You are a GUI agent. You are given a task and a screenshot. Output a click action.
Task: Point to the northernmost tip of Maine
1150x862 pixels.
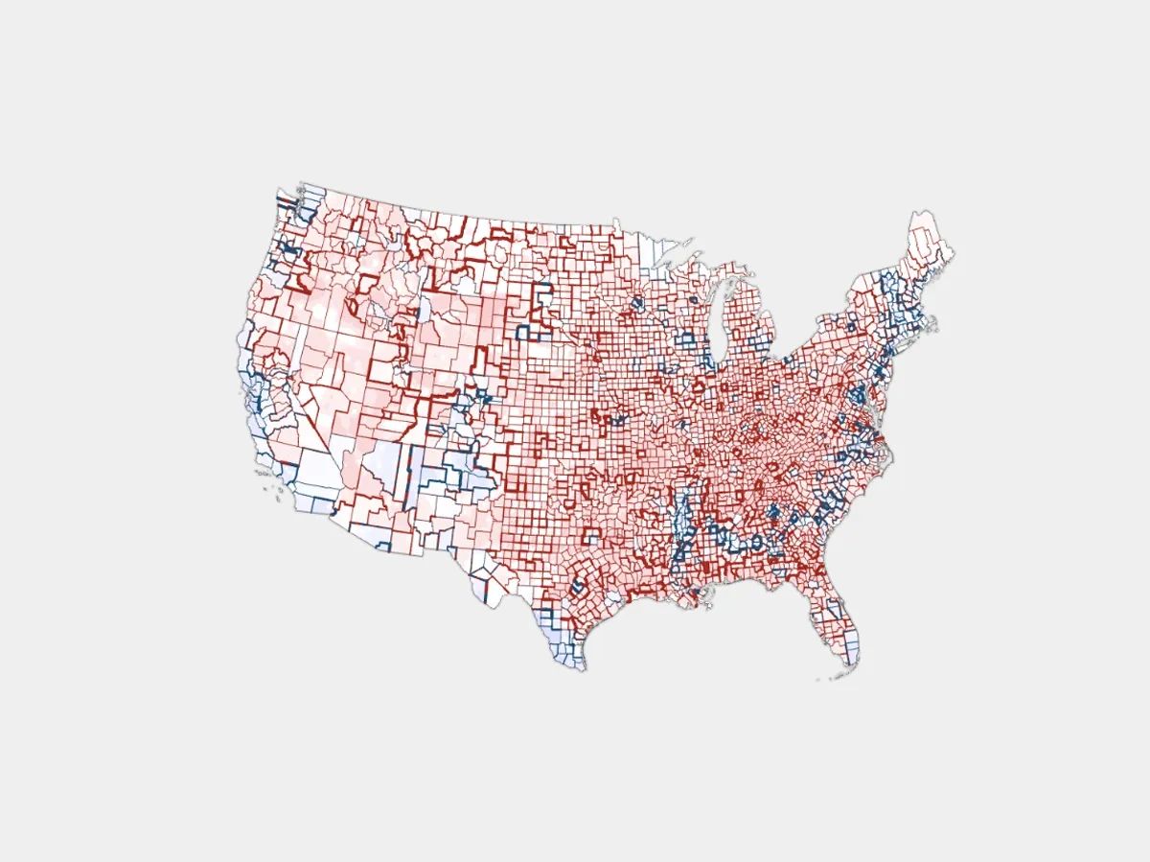[x=920, y=210]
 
